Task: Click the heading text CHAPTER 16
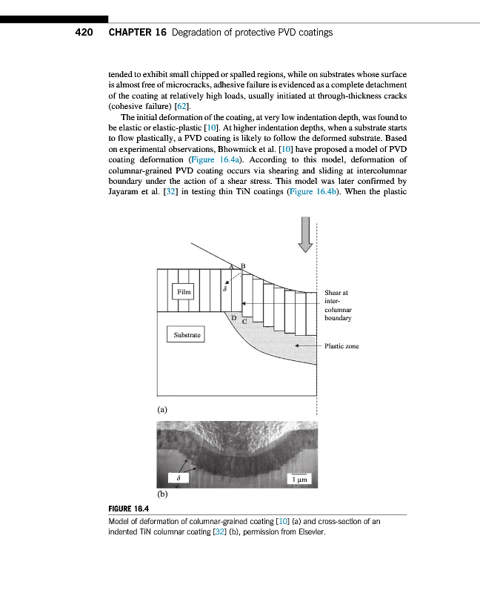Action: click(137, 33)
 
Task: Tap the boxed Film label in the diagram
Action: click(183, 292)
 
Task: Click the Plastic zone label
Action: click(341, 346)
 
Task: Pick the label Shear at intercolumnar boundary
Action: click(337, 305)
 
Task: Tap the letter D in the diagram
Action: click(233, 318)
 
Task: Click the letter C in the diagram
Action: click(244, 322)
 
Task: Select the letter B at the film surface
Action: click(242, 266)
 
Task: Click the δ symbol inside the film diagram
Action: click(225, 289)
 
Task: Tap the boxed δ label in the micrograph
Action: click(179, 479)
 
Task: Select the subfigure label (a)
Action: click(162, 408)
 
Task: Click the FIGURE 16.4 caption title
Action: click(129, 508)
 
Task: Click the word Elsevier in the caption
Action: click(309, 531)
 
